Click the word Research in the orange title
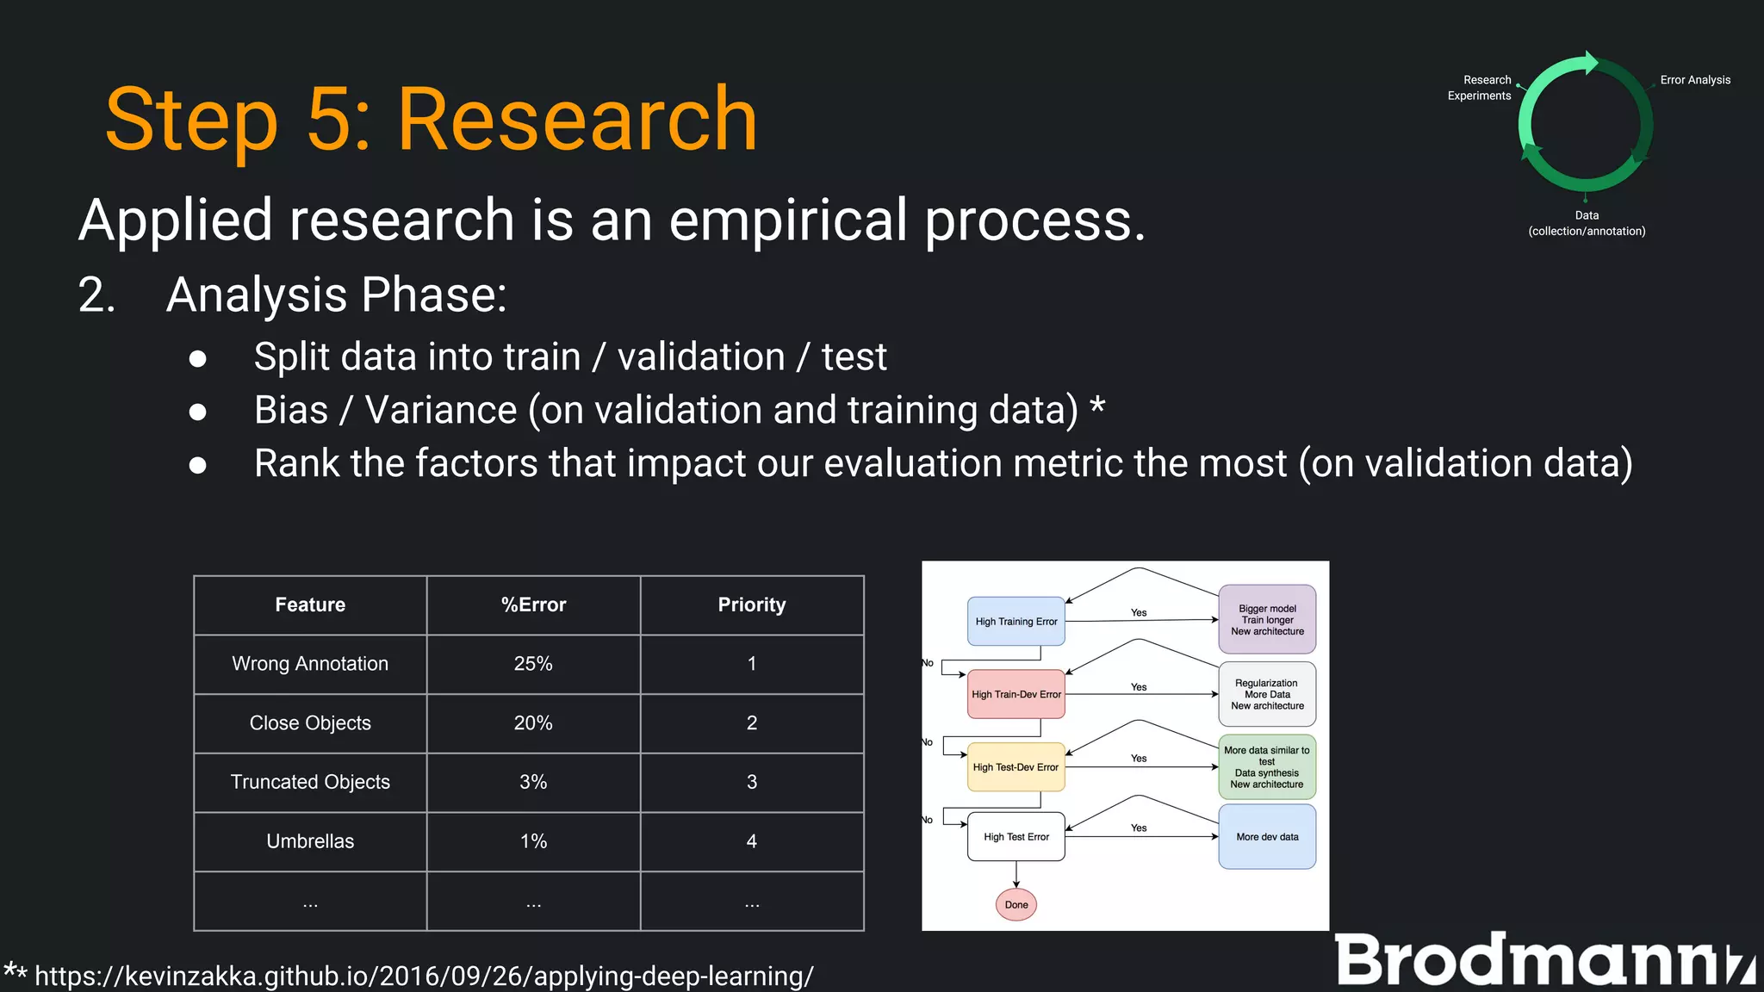coord(576,121)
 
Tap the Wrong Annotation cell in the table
coord(310,664)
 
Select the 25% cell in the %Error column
coord(533,664)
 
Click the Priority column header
coord(751,604)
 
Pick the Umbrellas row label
coord(310,841)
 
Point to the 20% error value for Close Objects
coord(533,723)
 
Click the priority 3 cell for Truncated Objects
coord(751,782)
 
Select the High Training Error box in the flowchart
coord(1016,621)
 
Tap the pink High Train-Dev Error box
coord(1016,694)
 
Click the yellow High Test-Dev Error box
coord(1016,766)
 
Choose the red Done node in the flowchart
coord(1016,904)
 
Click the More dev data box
coord(1267,836)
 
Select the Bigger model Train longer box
coord(1267,619)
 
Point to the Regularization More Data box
coord(1267,694)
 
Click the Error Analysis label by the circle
coord(1694,80)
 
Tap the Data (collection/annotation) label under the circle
coord(1587,223)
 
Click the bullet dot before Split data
coord(198,358)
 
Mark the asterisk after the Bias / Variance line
coord(1097,404)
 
